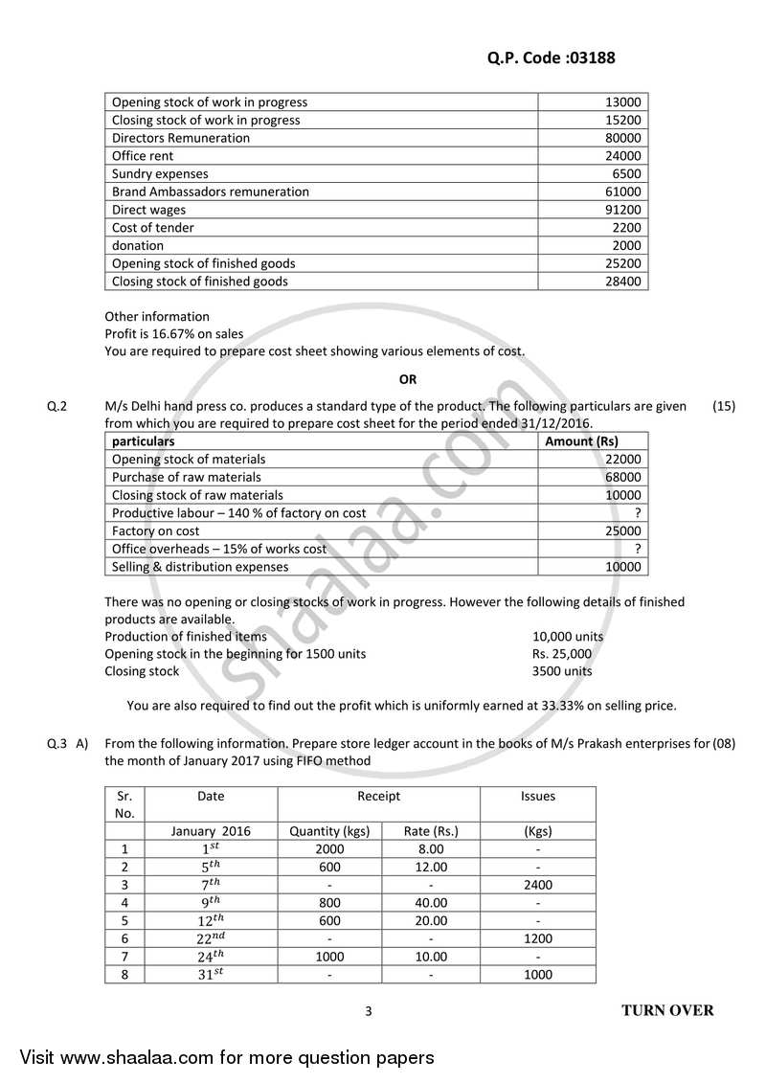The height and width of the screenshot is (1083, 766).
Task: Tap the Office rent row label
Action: coord(143,156)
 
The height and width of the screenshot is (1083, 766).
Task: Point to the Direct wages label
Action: coord(149,210)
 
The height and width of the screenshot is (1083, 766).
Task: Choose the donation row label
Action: coord(138,245)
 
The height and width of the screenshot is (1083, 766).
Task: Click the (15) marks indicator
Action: coord(724,406)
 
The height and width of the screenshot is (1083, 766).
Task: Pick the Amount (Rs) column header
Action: coord(581,441)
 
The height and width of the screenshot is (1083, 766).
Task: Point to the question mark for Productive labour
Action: coord(638,513)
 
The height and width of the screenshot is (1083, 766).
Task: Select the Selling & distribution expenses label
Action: coord(200,567)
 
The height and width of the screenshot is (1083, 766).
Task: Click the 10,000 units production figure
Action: coord(568,636)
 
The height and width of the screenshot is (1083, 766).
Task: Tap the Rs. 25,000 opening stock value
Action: coord(562,653)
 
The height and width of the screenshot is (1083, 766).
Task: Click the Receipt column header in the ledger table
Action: coord(378,796)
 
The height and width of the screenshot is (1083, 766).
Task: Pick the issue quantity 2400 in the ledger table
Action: coord(537,885)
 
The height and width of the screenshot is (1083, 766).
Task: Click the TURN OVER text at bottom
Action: coord(667,1010)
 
